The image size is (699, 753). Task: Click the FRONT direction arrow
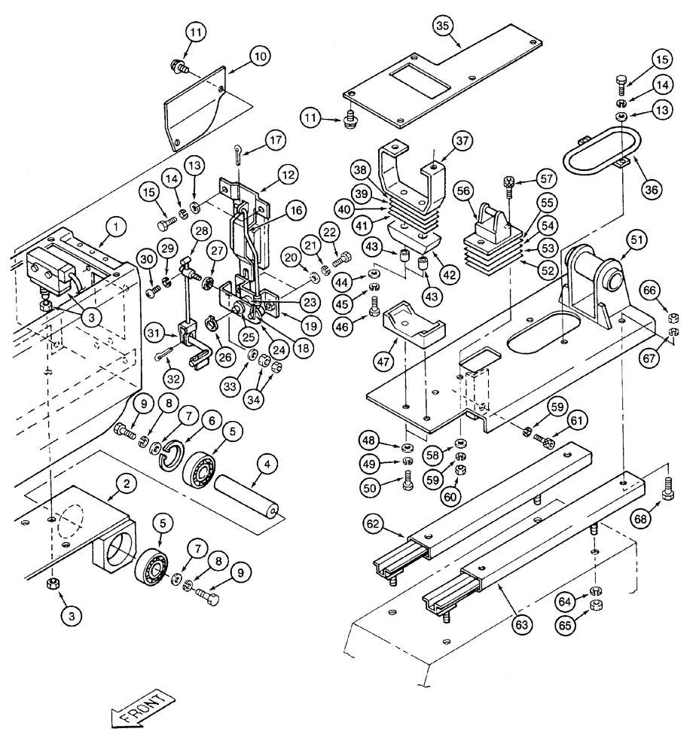pos(143,710)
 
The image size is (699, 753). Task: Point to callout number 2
pos(128,486)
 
